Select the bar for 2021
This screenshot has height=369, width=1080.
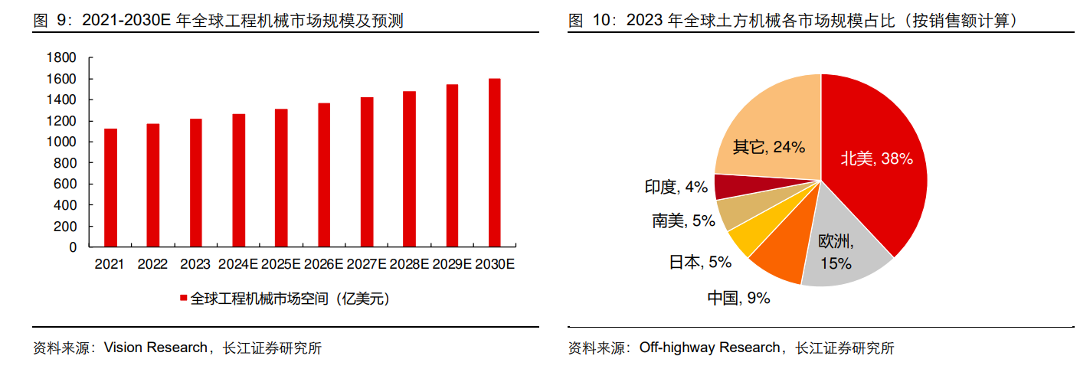point(110,188)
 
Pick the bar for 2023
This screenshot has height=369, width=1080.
point(196,183)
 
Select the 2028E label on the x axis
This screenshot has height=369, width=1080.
point(409,264)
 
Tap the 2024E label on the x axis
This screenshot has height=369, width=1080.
point(238,264)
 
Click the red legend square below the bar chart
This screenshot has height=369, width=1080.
point(183,299)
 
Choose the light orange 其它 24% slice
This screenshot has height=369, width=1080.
point(766,130)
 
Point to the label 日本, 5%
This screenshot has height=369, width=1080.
point(700,262)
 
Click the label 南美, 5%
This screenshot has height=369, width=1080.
point(683,221)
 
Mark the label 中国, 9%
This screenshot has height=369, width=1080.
point(738,298)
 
